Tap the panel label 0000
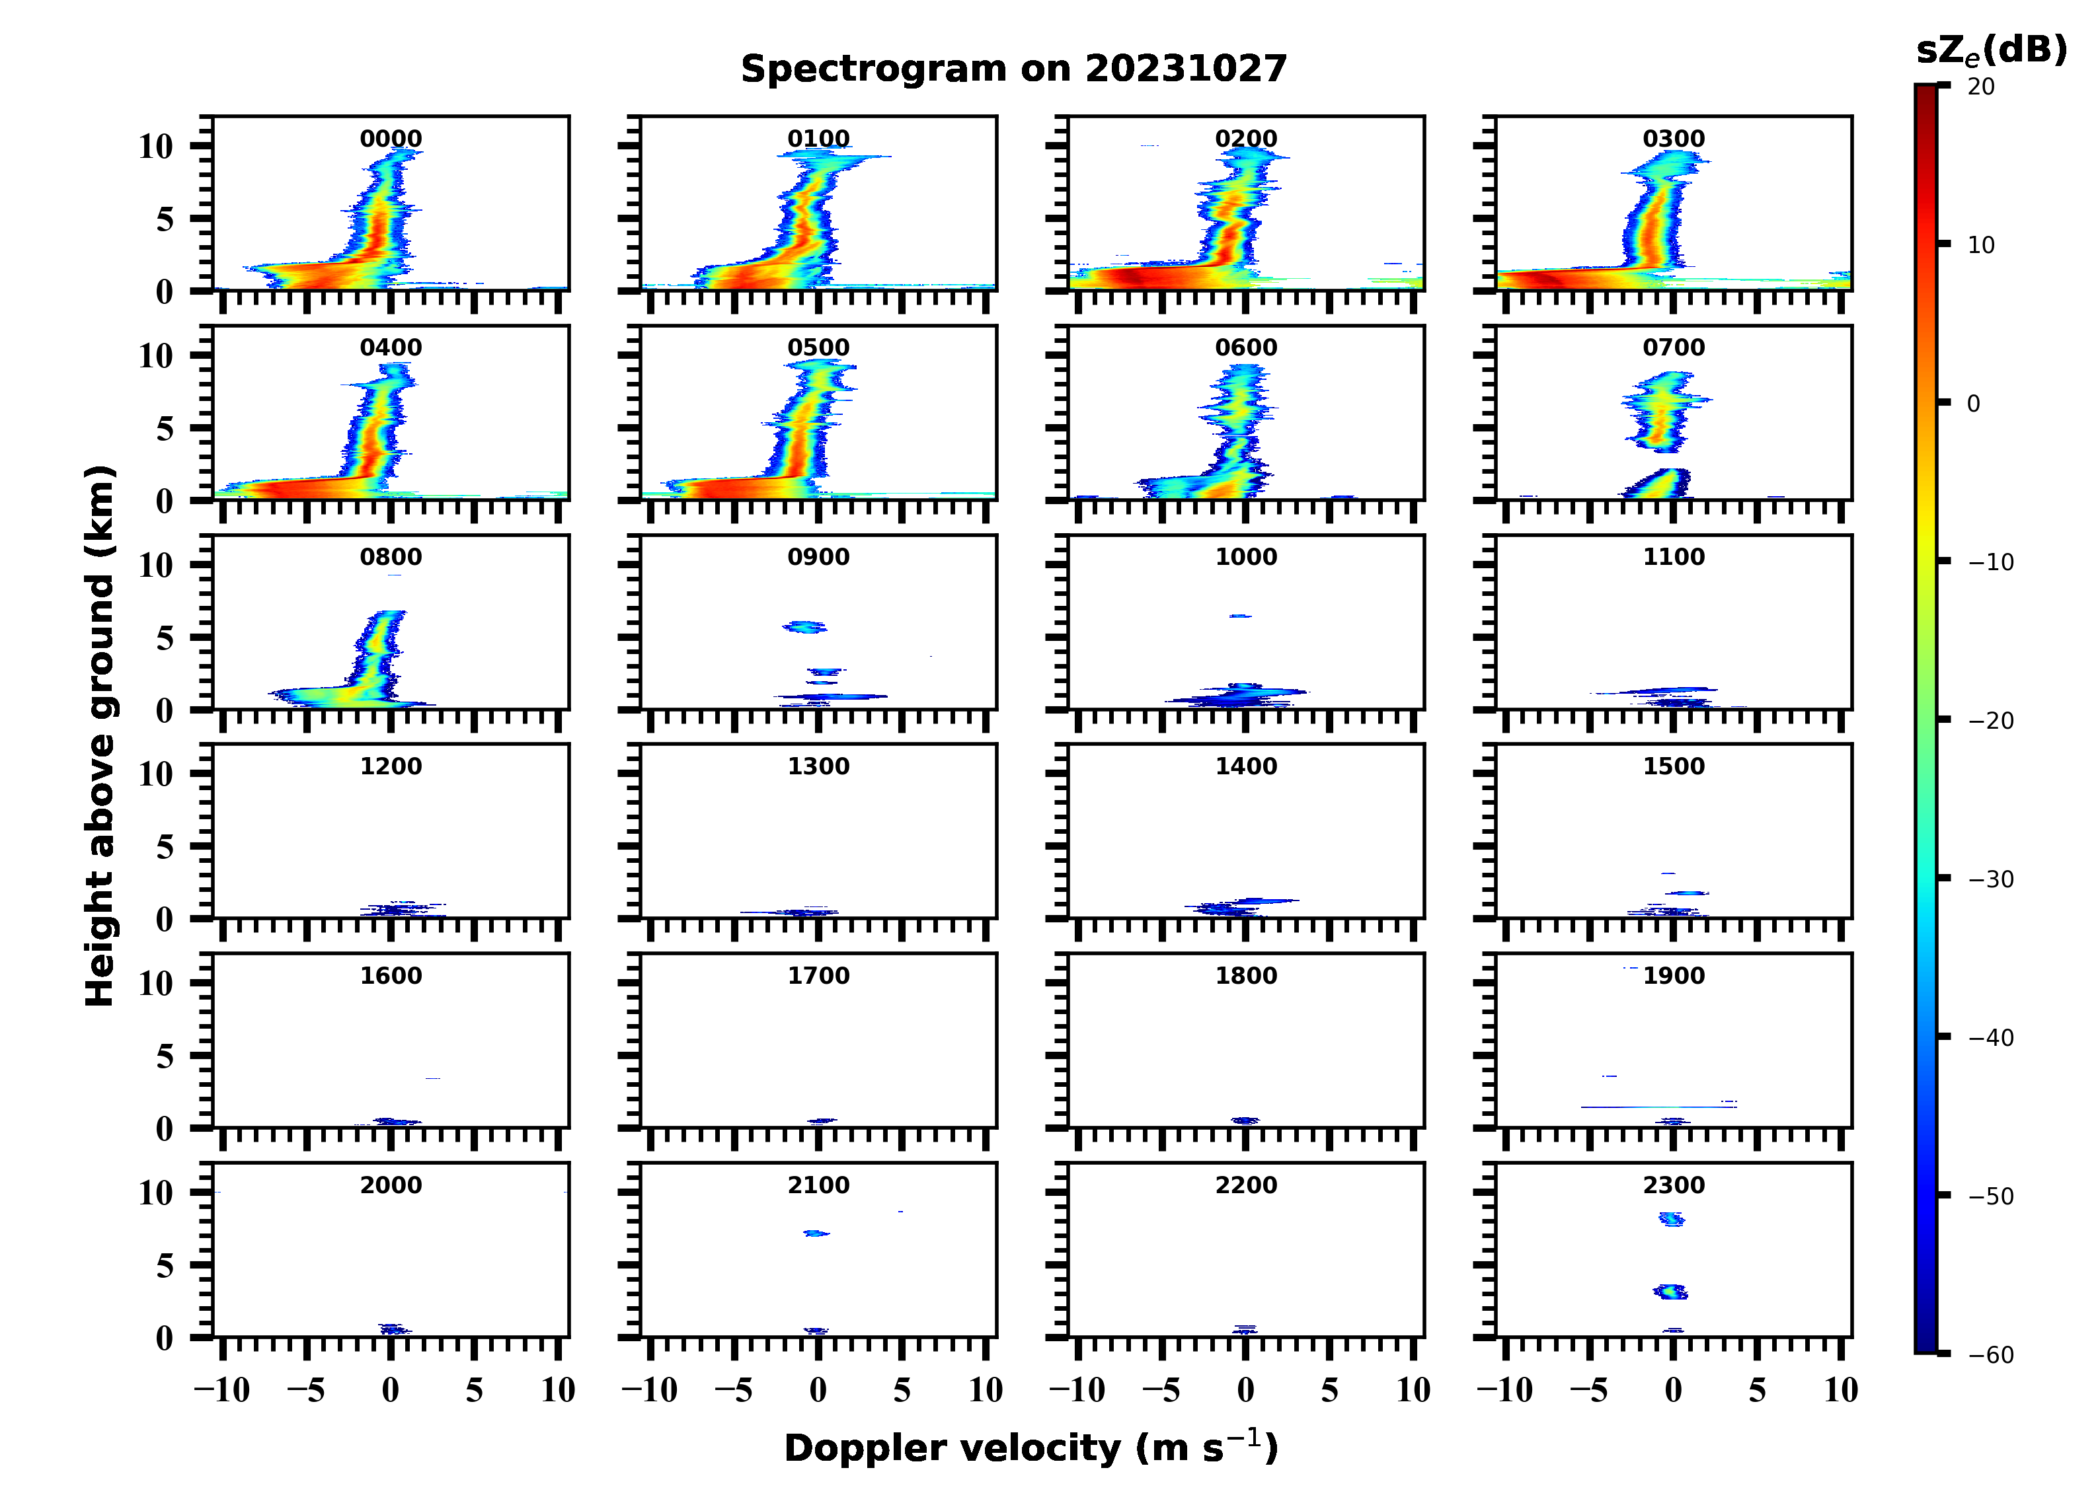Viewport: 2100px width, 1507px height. point(391,139)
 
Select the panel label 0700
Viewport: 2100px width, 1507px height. point(1673,348)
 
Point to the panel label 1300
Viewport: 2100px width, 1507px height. point(818,766)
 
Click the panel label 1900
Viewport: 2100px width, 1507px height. point(1673,976)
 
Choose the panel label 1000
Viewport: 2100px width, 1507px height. point(1245,557)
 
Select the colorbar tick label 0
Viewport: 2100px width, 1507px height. point(1973,404)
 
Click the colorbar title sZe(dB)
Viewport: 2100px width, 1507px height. point(1991,51)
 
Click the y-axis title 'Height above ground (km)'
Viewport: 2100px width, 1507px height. point(100,736)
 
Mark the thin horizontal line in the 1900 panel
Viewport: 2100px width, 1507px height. point(1657,1106)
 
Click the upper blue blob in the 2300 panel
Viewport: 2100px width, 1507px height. point(1671,1219)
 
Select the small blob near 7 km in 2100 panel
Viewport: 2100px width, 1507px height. point(816,1233)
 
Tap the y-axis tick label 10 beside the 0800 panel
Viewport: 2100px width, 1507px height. point(155,566)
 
